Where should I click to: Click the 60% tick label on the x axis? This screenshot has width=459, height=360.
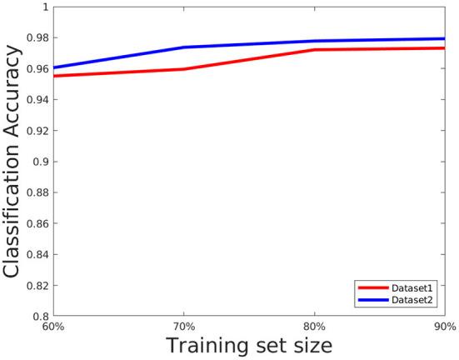[52, 327]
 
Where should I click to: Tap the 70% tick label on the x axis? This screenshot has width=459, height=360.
[184, 327]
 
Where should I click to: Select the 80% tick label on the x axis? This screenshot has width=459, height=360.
[314, 327]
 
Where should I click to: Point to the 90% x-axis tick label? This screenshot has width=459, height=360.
[445, 327]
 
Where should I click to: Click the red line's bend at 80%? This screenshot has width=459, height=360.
[314, 50]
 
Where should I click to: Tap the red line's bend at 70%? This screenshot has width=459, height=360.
[183, 69]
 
